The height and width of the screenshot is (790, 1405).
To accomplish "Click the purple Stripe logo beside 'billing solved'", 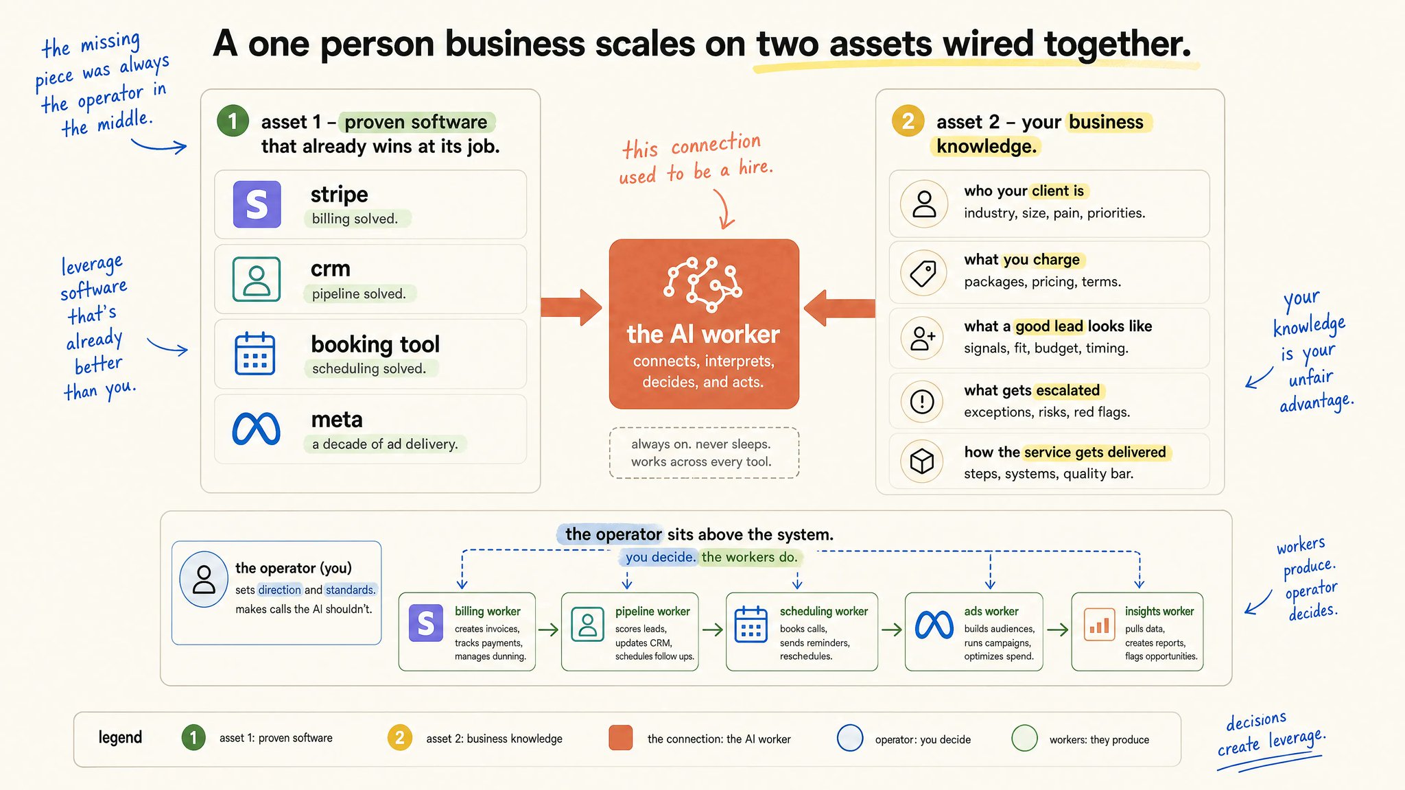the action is click(x=257, y=204).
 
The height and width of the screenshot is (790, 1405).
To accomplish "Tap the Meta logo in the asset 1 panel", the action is click(x=256, y=429).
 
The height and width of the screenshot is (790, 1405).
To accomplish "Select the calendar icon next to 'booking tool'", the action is click(x=255, y=354).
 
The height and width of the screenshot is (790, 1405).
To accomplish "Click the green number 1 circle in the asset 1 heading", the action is click(x=233, y=121).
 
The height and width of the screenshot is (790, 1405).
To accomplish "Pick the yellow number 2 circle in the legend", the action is click(x=400, y=738).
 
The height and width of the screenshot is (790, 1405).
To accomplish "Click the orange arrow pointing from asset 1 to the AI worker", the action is click(x=571, y=307).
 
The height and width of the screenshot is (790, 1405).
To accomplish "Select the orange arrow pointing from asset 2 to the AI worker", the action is click(x=839, y=307).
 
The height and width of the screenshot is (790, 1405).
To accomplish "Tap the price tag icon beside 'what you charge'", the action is click(x=923, y=273).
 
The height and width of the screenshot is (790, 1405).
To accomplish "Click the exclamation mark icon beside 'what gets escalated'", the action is click(x=922, y=401).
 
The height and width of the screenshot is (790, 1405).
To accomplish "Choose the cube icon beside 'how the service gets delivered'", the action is click(x=922, y=461).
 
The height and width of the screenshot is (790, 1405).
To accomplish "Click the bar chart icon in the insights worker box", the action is click(x=1099, y=625).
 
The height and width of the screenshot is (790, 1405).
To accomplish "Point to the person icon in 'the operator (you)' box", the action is click(x=204, y=579).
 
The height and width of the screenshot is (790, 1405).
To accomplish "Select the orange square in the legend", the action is click(x=621, y=738).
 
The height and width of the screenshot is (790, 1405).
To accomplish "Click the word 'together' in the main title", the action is click(x=1118, y=44).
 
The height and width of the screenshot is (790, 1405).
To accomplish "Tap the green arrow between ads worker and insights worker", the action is click(x=1058, y=630).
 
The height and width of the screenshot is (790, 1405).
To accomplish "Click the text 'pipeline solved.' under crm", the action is click(x=359, y=294).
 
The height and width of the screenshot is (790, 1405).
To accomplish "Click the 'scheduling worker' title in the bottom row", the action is click(x=824, y=611).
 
